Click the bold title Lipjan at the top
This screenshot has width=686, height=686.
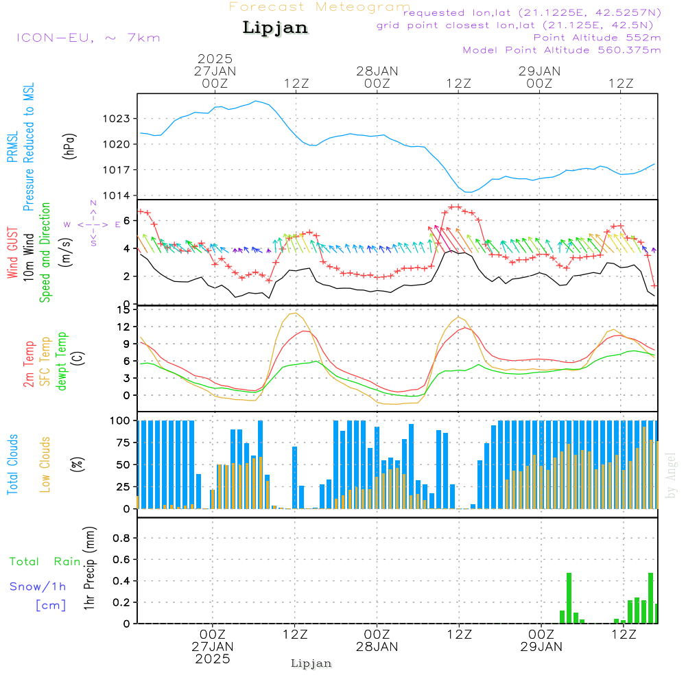coord(275,28)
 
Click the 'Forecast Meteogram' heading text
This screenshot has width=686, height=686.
coord(320,7)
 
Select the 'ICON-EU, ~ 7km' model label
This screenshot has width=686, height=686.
coord(88,38)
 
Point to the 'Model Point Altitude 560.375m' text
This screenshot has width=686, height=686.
coord(562,50)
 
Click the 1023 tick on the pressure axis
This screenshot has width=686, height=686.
coord(117,119)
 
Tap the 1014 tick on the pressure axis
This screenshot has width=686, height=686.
coord(117,196)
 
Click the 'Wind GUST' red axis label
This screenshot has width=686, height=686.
coord(12,252)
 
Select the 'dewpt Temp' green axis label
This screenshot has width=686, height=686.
coord(61,361)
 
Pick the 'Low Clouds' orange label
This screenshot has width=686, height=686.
coord(45,464)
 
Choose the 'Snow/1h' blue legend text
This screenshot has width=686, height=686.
coord(38,587)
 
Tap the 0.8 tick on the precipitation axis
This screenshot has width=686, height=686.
coord(121,538)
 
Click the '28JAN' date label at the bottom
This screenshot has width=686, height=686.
coord(377,647)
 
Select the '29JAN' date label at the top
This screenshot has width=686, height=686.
coord(539,71)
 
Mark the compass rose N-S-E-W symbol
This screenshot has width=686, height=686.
coord(93,224)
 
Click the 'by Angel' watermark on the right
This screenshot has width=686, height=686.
coord(671,475)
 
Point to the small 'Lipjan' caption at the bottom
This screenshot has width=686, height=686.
coord(311,663)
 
